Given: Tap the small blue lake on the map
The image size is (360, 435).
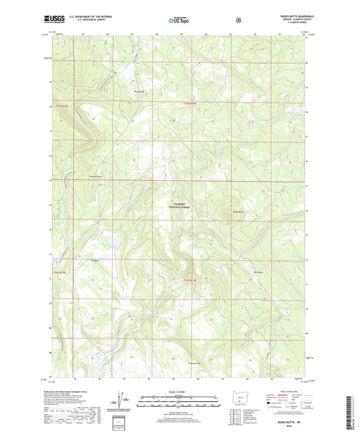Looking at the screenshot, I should [x=111, y=239].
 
